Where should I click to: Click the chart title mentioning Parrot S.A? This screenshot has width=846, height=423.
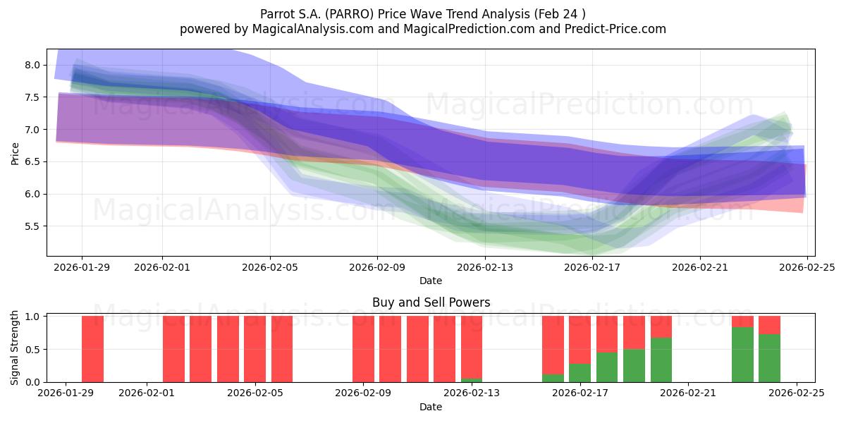tap(422, 13)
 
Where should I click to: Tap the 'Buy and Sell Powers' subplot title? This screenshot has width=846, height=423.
tap(431, 302)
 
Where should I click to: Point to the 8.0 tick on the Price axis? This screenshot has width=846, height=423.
tap(32, 65)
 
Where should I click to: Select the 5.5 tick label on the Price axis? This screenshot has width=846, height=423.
tap(32, 226)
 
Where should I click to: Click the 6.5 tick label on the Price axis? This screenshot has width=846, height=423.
tap(32, 161)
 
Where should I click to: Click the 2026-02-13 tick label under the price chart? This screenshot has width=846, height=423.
tap(484, 267)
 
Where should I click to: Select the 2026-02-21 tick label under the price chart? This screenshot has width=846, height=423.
tap(699, 267)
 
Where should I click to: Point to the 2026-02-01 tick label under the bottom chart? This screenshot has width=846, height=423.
tap(147, 393)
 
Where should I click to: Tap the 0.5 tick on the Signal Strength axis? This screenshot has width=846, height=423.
tap(32, 349)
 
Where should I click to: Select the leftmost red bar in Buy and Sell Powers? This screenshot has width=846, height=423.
tap(92, 349)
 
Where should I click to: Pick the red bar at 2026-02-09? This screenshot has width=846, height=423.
tap(363, 349)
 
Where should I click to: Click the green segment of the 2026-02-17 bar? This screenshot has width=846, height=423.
tap(580, 373)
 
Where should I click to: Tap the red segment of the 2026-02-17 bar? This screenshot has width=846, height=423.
tap(580, 339)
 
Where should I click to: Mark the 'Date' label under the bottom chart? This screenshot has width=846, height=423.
tap(431, 407)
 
